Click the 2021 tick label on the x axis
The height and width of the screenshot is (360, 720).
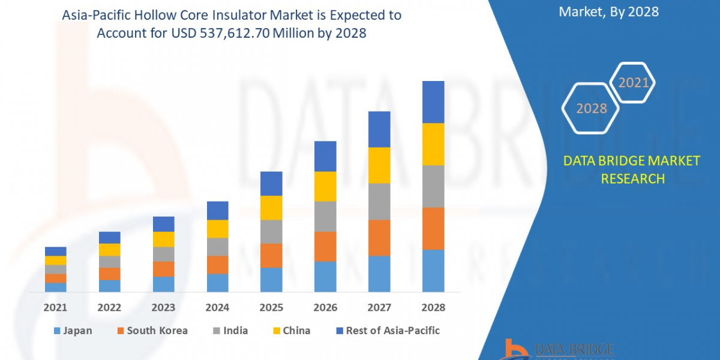55,307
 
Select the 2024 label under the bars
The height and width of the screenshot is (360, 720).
217,307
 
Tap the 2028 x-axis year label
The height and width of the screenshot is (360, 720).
433,307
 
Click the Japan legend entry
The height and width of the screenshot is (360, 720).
73,331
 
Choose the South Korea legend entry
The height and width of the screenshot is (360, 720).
152,331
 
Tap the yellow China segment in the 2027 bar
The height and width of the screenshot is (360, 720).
379,165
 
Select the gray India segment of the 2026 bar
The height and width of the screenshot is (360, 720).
325,216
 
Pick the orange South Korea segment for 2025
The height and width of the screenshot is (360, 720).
271,256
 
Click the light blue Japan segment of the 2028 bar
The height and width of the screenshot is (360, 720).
433,271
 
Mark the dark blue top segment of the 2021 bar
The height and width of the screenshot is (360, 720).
55,251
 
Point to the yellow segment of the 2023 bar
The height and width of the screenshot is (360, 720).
163,239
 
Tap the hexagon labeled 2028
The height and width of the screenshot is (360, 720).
591,108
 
